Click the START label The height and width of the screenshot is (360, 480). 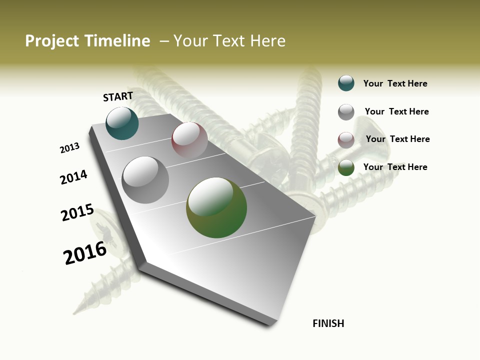click(118, 96)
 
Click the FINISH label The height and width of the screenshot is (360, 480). click(328, 323)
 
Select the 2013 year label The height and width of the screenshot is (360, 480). click(69, 148)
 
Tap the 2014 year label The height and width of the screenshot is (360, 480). click(73, 177)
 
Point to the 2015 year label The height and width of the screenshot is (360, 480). click(77, 212)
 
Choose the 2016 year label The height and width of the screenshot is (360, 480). click(85, 253)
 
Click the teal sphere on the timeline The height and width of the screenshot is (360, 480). click(122, 123)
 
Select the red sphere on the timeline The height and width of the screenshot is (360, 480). click(189, 140)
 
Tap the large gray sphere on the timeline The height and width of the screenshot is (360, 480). click(145, 179)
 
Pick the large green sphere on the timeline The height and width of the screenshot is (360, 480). click(216, 207)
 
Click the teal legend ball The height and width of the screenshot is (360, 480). click(346, 83)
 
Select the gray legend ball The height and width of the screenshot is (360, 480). click(346, 112)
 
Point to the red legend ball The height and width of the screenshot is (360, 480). click(346, 140)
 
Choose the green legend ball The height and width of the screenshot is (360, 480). click(346, 167)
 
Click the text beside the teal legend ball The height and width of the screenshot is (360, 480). click(395, 83)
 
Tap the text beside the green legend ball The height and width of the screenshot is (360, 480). click(395, 167)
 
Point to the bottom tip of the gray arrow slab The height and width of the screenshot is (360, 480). click(270, 324)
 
